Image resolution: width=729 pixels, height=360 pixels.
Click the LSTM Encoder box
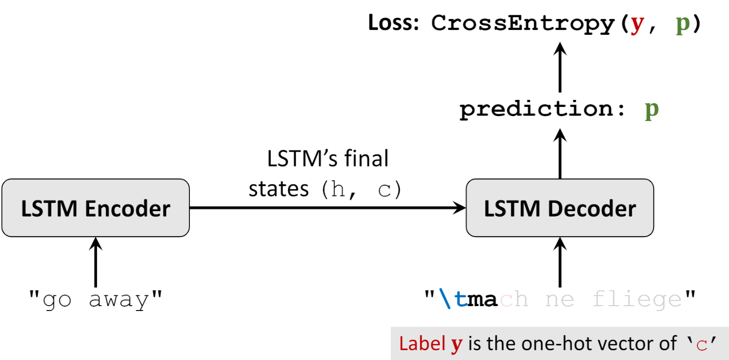click(95, 208)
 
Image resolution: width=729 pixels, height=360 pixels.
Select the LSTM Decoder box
click(560, 208)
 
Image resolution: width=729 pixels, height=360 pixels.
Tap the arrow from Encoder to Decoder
click(328, 208)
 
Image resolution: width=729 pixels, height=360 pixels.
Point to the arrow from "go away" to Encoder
click(95, 262)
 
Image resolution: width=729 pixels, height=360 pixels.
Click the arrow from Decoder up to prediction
click(560, 154)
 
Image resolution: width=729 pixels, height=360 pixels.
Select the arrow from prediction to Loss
click(560, 68)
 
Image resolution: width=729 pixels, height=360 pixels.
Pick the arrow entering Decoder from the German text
click(560, 262)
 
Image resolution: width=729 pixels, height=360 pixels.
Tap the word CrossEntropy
click(523, 24)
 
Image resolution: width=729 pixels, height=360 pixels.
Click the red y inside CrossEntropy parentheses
click(637, 25)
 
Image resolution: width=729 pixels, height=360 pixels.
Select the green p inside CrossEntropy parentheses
click(683, 25)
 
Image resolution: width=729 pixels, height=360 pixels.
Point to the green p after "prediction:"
click(652, 111)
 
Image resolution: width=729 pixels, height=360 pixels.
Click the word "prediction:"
click(542, 109)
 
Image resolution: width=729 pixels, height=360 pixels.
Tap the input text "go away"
click(95, 300)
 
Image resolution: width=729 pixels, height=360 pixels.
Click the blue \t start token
click(453, 298)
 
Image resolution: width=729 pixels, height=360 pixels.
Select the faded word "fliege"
click(636, 300)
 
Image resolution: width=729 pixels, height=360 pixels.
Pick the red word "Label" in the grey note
click(422, 344)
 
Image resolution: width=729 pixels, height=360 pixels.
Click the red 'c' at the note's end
click(702, 344)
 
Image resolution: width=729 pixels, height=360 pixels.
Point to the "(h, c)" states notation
click(361, 190)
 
